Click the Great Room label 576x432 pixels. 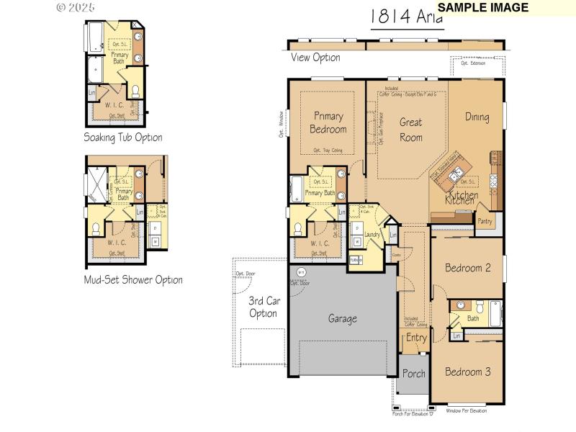pos(410,130)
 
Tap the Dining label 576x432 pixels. pos(477,117)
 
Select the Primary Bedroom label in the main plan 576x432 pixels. pos(328,122)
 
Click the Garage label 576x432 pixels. pos(343,318)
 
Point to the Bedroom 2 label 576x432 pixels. pos(467,268)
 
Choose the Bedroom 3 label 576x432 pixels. pos(467,372)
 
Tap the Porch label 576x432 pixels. pos(413,374)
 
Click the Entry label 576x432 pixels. pos(416,337)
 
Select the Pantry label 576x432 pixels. pos(485,221)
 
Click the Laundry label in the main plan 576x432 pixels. pos(372,235)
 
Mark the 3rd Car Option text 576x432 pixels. pos(264,307)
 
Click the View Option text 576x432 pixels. pos(315,58)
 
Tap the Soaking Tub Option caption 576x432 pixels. pos(122,137)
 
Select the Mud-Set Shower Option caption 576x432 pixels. pos(132,279)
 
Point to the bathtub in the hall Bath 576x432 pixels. pos(494,314)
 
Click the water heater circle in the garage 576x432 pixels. pos(301,272)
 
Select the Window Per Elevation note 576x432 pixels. pos(466,410)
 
